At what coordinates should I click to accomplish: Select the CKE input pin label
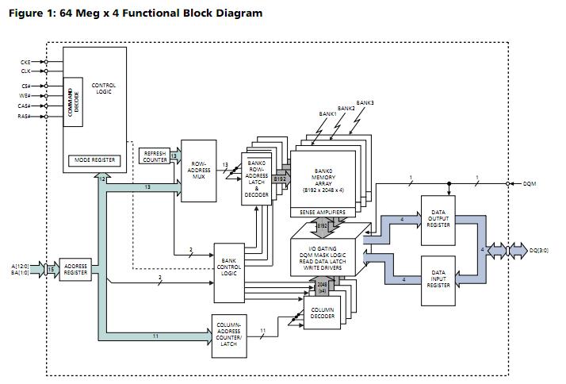(26, 62)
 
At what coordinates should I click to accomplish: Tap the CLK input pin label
(26, 71)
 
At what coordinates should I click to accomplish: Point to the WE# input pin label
(26, 96)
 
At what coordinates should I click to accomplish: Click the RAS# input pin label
(25, 116)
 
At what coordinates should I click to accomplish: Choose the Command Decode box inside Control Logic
(74, 102)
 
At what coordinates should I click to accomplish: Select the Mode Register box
(95, 160)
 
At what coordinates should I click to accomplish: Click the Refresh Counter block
(155, 157)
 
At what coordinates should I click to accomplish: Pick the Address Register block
(75, 270)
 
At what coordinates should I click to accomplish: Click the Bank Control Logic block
(229, 271)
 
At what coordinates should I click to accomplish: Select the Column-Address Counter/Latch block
(229, 336)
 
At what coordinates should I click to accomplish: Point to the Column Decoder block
(323, 313)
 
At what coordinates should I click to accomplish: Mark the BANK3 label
(365, 103)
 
